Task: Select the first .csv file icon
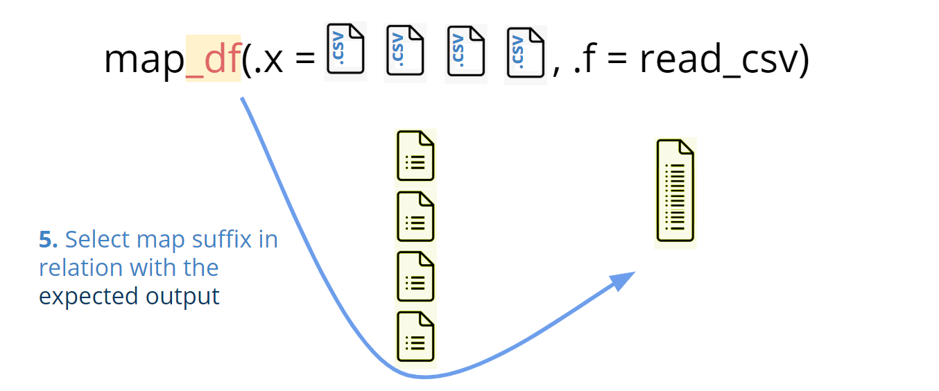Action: point(345,50)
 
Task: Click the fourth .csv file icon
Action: point(525,53)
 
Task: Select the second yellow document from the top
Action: point(415,216)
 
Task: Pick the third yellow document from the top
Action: point(415,277)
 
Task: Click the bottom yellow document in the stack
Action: point(415,336)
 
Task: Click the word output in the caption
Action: point(182,297)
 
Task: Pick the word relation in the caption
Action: point(77,268)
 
